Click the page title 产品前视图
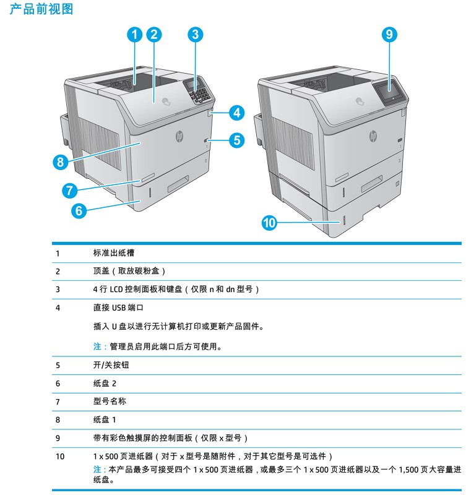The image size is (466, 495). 41,9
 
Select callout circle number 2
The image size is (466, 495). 155,35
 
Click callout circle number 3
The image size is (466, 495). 195,35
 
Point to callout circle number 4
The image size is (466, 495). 236,113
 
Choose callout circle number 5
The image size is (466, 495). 236,140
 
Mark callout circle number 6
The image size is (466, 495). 79,210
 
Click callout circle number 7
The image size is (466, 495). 69,190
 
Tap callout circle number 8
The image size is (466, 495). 60,163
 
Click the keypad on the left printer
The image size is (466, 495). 199,92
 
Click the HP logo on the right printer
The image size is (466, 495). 373,136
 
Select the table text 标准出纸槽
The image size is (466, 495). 114,253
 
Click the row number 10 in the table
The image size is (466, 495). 60,456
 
